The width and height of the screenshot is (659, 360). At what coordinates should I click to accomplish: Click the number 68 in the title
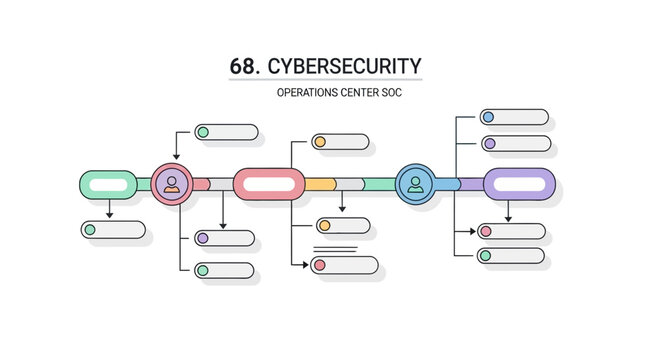(x=244, y=66)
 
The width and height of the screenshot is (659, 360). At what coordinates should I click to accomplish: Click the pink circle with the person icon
(x=172, y=183)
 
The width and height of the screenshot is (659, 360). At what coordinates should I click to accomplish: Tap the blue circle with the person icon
(x=414, y=183)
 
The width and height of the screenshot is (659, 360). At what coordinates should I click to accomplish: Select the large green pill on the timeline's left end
(x=108, y=184)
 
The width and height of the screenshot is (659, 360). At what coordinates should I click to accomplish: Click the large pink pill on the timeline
(x=269, y=184)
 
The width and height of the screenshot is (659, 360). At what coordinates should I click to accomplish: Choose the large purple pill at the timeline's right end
(x=519, y=184)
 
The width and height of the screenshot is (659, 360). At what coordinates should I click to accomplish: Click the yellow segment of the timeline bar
(x=319, y=184)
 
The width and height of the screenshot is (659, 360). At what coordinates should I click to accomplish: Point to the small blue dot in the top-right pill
(x=488, y=117)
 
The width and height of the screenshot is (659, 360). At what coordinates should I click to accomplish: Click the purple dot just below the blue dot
(x=488, y=144)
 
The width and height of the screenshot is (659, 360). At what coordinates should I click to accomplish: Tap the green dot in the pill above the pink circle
(x=202, y=132)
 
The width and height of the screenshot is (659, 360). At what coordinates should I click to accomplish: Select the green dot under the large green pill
(x=90, y=230)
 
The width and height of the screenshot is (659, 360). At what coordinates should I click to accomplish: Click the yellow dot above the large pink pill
(x=320, y=142)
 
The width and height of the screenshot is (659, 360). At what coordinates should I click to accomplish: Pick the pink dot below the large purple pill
(x=485, y=231)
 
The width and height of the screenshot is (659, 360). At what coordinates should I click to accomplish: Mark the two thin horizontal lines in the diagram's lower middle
(x=335, y=247)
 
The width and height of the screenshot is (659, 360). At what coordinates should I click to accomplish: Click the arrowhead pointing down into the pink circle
(x=176, y=157)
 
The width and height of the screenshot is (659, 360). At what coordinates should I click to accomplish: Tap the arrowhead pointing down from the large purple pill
(x=508, y=217)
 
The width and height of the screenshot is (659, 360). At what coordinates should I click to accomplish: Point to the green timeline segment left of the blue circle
(x=379, y=184)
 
